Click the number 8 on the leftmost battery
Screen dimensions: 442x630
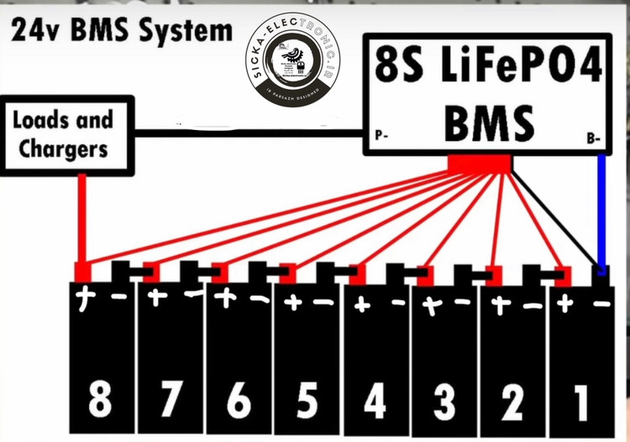[x=100, y=401]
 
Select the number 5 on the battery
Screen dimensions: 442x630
[x=307, y=401]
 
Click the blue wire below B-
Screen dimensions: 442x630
[x=601, y=210]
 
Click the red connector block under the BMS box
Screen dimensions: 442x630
[x=480, y=164]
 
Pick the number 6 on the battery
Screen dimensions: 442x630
[x=239, y=401]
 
